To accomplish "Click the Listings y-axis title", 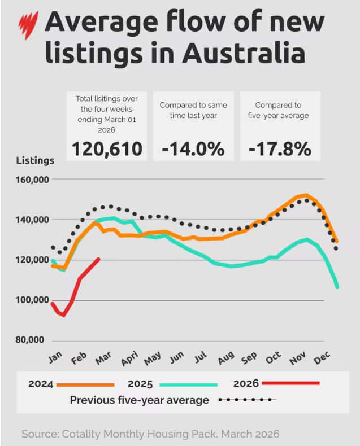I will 35,160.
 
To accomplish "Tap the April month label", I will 129,359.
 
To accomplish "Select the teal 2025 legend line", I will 188,384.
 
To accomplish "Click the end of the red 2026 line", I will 99,259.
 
